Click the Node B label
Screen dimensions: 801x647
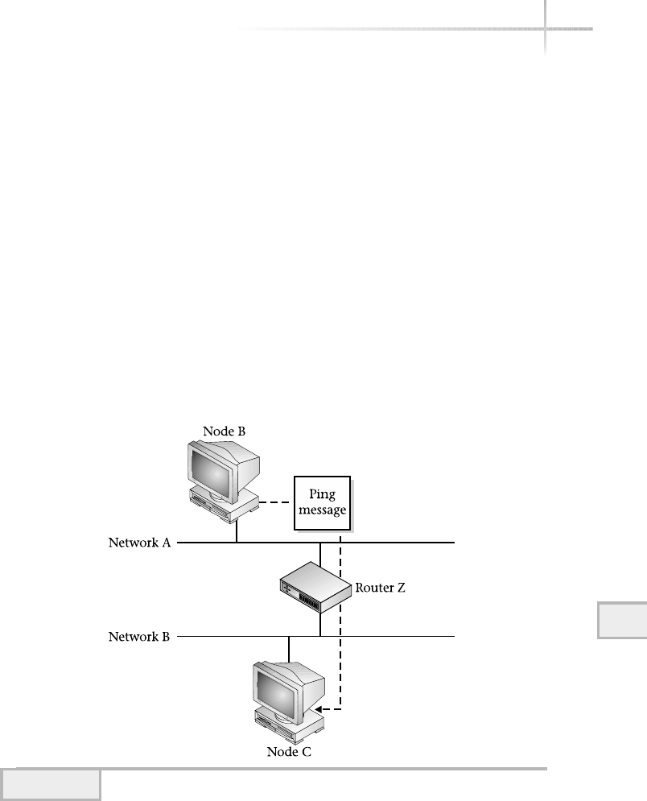tap(223, 431)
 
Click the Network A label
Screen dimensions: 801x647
tap(139, 543)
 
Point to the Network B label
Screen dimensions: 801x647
tap(139, 637)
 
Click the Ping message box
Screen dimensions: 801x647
tap(324, 503)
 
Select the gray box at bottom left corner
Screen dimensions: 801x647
tap(51, 785)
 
